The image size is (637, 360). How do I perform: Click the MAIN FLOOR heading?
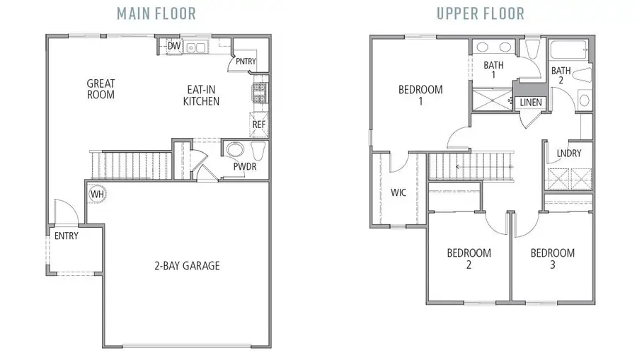156,13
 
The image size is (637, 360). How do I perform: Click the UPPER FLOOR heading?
480,13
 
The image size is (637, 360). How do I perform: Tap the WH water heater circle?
97,192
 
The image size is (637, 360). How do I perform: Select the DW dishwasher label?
173,47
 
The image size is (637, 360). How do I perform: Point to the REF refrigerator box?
259,124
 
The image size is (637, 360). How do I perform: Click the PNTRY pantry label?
245,62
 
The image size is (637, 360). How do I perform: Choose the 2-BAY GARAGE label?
187,266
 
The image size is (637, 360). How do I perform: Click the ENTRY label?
67,236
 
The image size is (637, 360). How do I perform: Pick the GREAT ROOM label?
101,88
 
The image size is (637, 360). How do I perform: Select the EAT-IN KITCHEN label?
201,95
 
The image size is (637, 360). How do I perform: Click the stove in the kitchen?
259,91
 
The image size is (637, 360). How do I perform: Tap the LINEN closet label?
531,103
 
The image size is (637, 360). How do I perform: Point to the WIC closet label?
398,192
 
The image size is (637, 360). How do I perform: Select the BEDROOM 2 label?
469,259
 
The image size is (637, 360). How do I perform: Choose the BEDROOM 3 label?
552,259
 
